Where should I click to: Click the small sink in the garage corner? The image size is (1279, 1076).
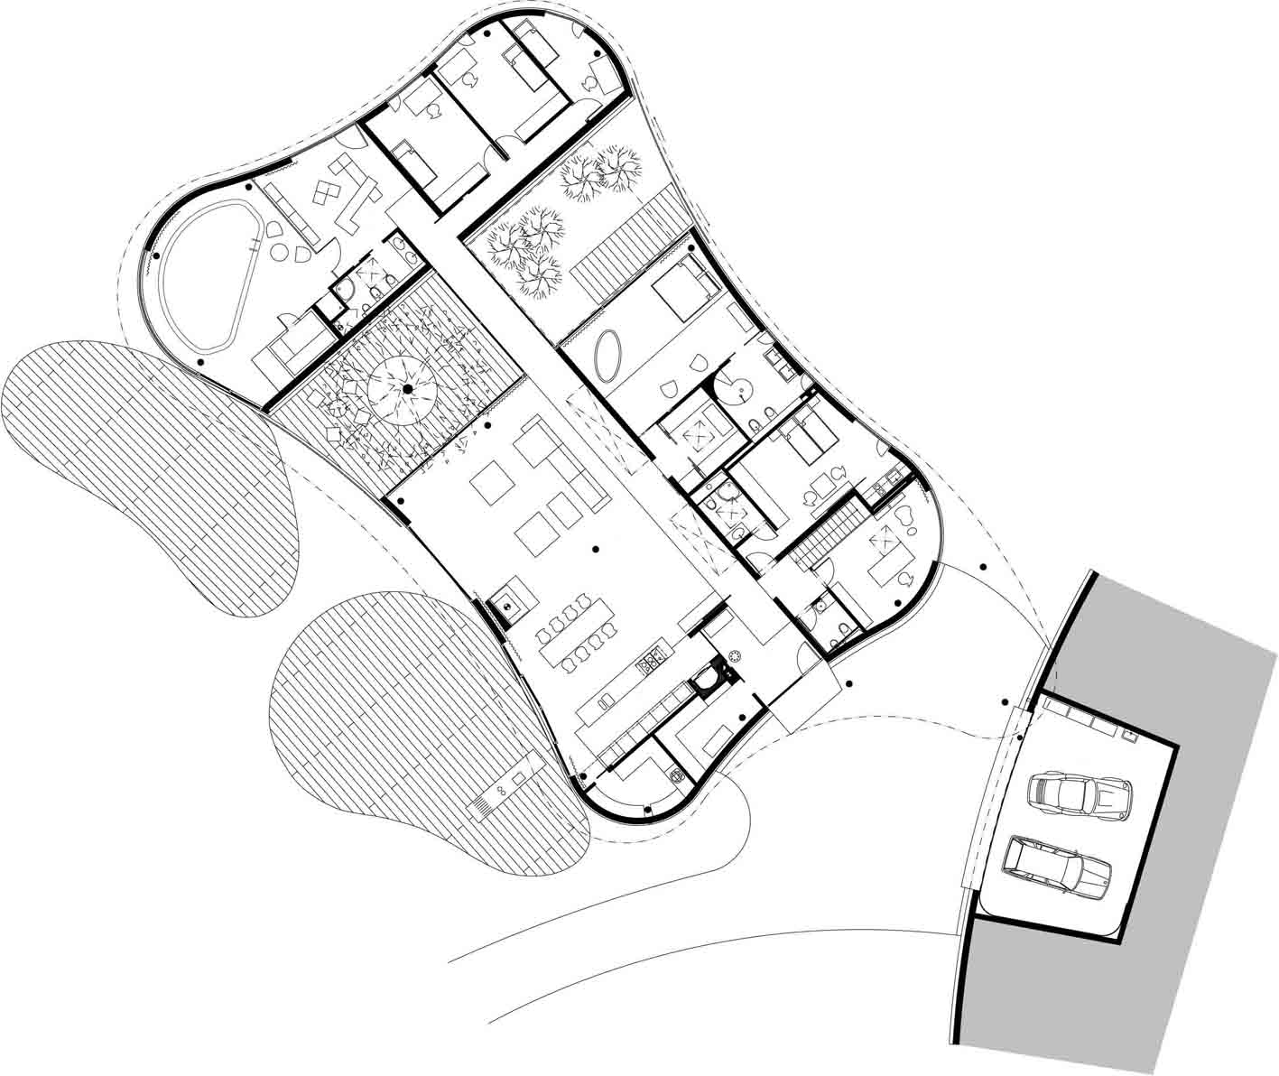pyautogui.click(x=1127, y=736)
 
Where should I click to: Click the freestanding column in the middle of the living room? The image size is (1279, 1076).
pyautogui.click(x=595, y=548)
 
